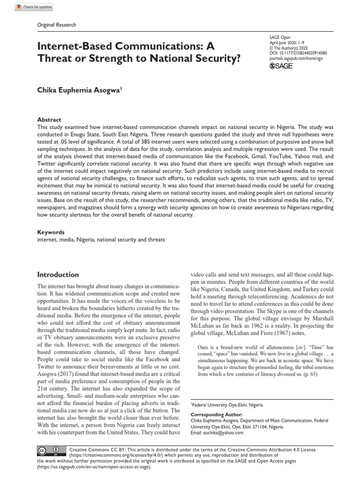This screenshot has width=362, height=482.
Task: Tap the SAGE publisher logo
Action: point(281,65)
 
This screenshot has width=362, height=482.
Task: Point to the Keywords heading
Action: point(50,233)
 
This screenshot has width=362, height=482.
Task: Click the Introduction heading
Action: point(58,274)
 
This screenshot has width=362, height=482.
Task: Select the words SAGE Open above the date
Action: point(280,37)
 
